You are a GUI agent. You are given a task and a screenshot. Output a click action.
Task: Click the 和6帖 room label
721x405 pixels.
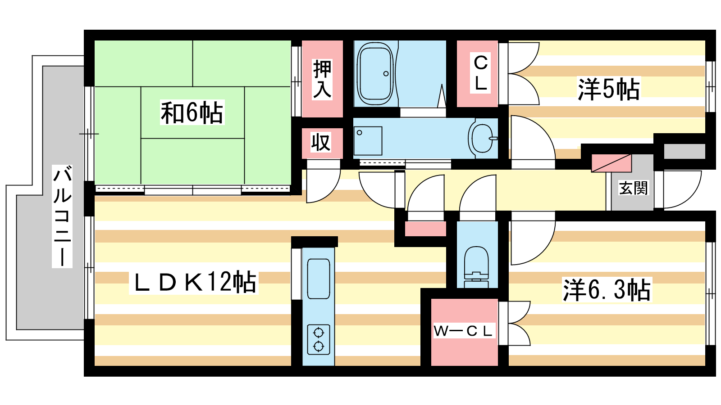(192, 112)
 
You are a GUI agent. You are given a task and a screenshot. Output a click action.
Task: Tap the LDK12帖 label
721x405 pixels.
(194, 282)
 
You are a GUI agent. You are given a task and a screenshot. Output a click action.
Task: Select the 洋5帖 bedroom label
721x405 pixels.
(608, 89)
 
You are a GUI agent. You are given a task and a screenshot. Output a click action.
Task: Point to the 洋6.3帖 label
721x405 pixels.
(607, 289)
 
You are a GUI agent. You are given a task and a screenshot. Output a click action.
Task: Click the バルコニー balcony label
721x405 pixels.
(62, 216)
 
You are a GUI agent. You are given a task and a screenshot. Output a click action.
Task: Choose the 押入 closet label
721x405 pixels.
(322, 79)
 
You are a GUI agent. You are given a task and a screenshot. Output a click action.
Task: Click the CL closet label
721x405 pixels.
(480, 72)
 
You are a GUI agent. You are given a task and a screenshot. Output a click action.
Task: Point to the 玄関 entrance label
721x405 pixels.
(633, 188)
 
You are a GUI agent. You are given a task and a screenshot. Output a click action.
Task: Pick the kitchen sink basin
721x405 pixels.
(318, 279)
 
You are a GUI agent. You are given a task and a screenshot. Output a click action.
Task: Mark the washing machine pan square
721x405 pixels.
(368, 141)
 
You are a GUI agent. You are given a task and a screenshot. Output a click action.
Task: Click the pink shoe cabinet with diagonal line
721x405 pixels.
(611, 163)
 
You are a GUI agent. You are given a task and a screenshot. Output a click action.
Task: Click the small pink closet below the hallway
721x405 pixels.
(425, 229)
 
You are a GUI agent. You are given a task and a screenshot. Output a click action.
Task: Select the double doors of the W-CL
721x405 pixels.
(514, 324)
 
